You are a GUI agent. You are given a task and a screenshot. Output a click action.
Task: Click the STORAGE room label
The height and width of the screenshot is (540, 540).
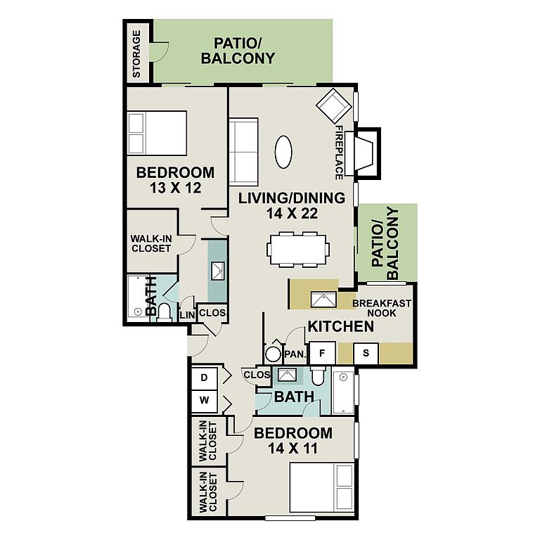(x=136, y=53)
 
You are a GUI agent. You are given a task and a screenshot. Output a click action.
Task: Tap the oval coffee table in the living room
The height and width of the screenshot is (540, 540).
(x=283, y=152)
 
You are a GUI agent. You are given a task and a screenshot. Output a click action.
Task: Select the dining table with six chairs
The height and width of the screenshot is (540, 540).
(x=297, y=250)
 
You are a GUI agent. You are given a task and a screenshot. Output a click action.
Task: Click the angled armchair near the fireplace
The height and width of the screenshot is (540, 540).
(x=334, y=105)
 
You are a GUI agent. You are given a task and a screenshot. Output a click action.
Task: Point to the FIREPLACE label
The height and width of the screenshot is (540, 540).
(x=339, y=153)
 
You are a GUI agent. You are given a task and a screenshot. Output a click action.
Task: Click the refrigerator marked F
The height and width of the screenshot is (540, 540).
(x=322, y=353)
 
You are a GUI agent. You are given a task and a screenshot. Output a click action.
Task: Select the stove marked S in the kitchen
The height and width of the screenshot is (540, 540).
(x=366, y=353)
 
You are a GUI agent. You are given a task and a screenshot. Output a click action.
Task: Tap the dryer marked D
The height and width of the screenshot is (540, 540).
(x=204, y=378)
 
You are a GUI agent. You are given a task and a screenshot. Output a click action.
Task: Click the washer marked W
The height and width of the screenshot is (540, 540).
(x=204, y=401)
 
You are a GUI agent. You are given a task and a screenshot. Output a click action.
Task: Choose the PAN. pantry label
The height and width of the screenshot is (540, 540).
(x=295, y=354)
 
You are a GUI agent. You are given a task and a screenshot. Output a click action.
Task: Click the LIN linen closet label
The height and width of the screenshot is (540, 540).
(x=187, y=315)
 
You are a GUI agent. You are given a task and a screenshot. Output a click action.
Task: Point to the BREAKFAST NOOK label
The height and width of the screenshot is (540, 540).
(x=382, y=308)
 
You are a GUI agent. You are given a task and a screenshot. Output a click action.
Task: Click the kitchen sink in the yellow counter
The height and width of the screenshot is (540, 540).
(x=323, y=300)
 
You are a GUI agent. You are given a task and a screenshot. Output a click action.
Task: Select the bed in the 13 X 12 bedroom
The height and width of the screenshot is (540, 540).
(x=157, y=133)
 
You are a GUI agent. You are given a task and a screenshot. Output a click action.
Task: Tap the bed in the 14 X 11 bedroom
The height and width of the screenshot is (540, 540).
(x=322, y=489)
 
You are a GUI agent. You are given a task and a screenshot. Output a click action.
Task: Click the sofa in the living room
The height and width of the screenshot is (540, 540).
(x=243, y=152)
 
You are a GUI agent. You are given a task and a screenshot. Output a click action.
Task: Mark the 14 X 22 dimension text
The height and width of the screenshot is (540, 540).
(x=292, y=214)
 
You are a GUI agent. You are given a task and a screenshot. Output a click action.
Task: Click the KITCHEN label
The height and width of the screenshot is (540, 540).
(x=340, y=326)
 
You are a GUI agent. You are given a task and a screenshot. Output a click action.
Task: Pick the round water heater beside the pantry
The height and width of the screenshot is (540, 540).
(x=273, y=354)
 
